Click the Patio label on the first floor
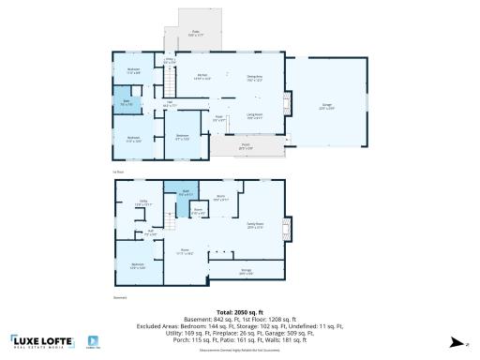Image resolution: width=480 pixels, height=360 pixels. point(197,33)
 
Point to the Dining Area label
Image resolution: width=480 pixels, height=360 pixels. point(254,78)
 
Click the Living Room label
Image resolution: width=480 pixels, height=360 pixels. point(254,115)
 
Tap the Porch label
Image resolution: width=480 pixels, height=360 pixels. point(246,145)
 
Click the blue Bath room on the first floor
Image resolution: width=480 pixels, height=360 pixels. point(126,103)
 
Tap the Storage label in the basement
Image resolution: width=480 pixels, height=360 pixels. point(246,273)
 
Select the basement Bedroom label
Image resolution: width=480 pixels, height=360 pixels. point(138,265)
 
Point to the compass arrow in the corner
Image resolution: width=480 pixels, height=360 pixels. point(454,342)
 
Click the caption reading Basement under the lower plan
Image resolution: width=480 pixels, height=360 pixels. point(119,297)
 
